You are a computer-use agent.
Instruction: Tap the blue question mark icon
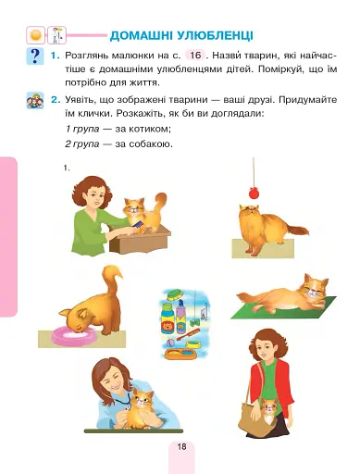35,57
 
